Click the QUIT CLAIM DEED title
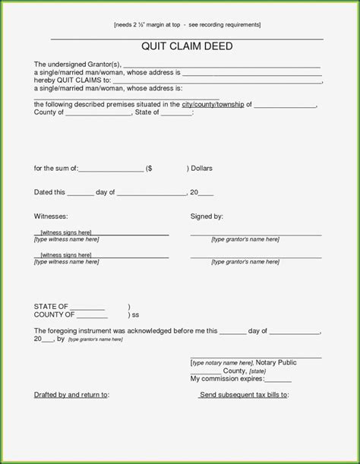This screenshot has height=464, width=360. click(x=187, y=46)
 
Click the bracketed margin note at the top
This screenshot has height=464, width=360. click(x=187, y=24)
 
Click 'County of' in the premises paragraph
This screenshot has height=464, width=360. click(x=49, y=112)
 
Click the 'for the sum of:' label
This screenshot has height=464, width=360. click(x=56, y=168)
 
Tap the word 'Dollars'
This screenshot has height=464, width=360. click(x=201, y=168)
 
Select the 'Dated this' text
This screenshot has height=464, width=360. click(x=50, y=192)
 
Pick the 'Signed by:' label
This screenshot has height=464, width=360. click(x=207, y=216)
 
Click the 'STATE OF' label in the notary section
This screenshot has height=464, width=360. click(x=52, y=306)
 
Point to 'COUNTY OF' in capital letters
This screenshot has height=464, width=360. click(x=54, y=314)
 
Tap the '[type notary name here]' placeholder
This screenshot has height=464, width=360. click(x=221, y=363)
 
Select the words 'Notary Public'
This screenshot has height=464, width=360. click(x=276, y=363)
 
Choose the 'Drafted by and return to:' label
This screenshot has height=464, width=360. click(x=71, y=395)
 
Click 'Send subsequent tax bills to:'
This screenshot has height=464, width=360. click(x=244, y=395)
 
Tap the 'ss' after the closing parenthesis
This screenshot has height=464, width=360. click(x=136, y=314)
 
